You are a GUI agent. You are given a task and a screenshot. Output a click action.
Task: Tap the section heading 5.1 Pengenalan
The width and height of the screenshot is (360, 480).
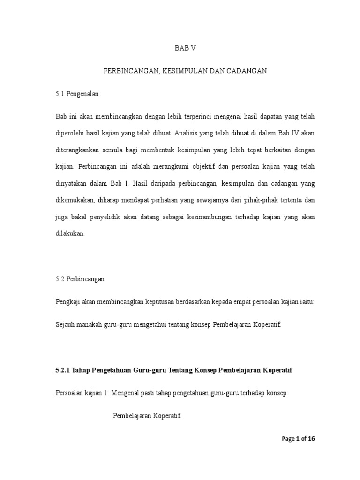click(77, 94)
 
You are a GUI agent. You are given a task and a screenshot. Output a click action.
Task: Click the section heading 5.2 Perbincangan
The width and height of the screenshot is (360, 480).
click(80, 279)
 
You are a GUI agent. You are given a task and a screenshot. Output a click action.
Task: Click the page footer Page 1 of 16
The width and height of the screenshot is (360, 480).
click(299, 439)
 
